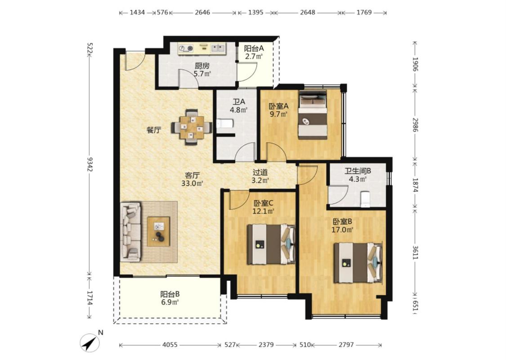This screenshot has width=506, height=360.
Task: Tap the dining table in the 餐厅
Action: point(192,127)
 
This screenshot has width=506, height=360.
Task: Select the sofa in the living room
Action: point(131,231)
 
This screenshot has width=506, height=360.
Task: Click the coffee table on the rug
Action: point(158,231)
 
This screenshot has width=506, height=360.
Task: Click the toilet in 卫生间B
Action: point(365,199)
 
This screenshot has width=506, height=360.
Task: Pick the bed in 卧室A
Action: point(313,115)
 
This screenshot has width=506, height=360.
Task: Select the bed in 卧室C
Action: point(271,244)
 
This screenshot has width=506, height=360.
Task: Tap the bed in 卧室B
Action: point(358,262)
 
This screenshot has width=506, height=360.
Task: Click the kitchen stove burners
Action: point(186,49)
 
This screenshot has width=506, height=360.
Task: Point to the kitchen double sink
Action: point(218,49)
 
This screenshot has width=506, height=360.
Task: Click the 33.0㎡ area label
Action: point(192,184)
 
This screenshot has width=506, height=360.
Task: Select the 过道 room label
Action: point(260,172)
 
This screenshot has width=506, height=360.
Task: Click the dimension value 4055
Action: point(170,345)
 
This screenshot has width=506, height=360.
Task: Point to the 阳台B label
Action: point(170,294)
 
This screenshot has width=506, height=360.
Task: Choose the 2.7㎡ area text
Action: point(254,57)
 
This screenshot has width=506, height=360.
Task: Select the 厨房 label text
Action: point(202,66)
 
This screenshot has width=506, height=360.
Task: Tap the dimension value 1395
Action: point(256,13)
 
